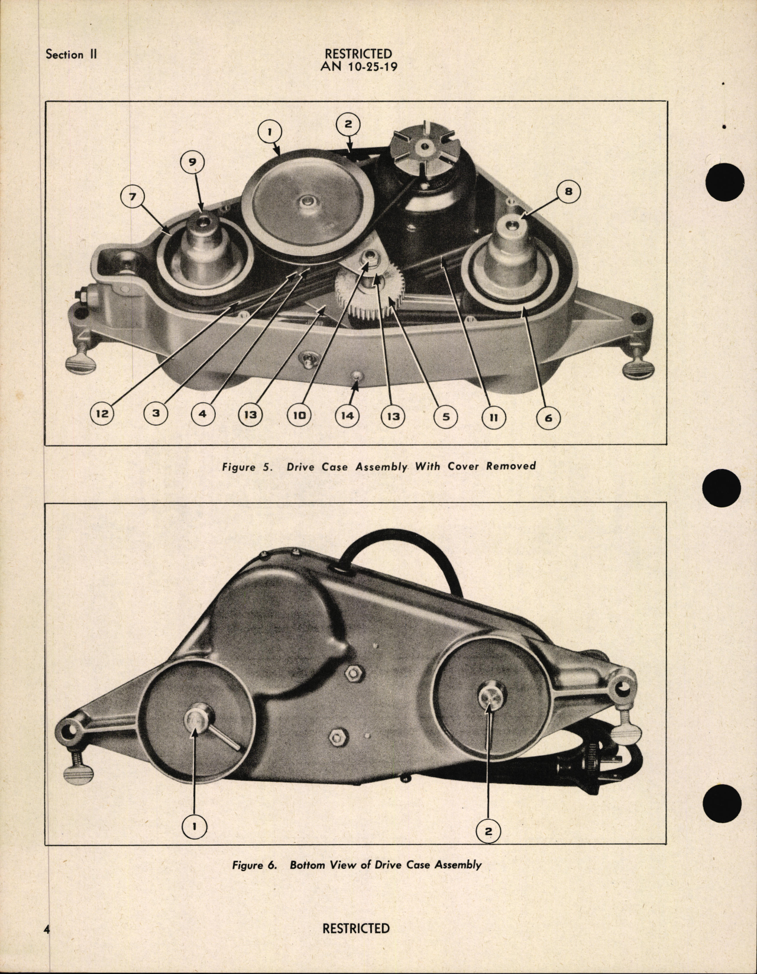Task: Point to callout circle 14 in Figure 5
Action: [x=347, y=416]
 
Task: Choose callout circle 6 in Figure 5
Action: [x=548, y=418]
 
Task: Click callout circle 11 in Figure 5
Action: [x=494, y=416]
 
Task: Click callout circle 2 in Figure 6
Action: [x=489, y=831]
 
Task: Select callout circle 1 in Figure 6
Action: [x=195, y=826]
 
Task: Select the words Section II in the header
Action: [x=72, y=54]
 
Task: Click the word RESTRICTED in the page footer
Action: [x=356, y=928]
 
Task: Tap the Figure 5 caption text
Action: [x=378, y=466]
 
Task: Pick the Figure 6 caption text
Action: [x=356, y=865]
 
